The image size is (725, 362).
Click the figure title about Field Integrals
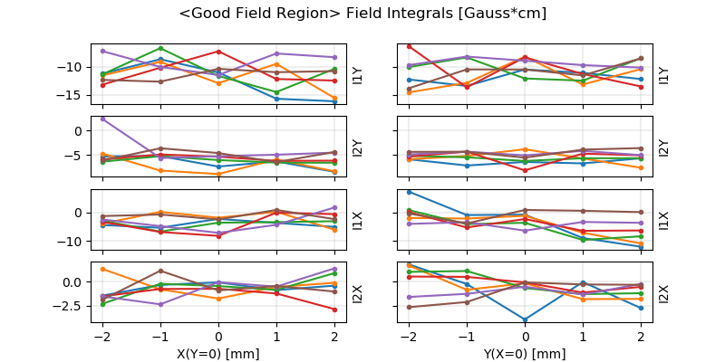(362, 14)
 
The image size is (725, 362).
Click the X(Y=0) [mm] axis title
(217, 354)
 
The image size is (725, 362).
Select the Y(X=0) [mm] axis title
(525, 354)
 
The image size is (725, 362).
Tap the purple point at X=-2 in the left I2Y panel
(102, 119)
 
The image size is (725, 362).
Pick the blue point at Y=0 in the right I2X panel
(525, 319)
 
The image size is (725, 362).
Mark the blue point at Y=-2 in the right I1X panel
(410, 192)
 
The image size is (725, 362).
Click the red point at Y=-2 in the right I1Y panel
(410, 46)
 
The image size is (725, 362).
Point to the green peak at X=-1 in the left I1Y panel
(160, 48)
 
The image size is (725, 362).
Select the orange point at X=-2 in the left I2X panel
(102, 269)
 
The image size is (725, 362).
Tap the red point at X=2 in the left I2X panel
(334, 310)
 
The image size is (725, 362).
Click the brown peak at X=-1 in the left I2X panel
(160, 271)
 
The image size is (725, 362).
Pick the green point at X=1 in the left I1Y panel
(276, 92)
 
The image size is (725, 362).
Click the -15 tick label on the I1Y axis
(73, 95)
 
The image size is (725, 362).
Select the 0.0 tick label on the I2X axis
(72, 281)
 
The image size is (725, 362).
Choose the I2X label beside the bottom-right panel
(663, 293)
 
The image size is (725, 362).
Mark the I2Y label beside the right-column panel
(663, 147)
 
